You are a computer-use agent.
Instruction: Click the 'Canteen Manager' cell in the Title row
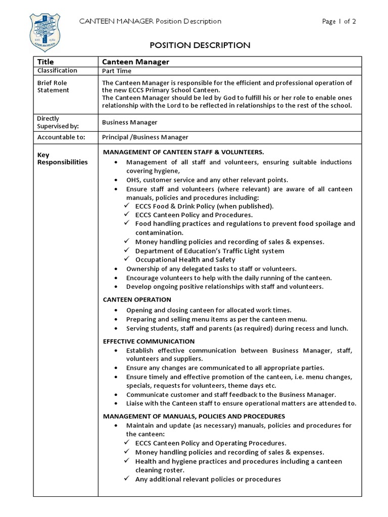tap(135, 62)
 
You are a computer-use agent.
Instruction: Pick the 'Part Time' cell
tap(117, 71)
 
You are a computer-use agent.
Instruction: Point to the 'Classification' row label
tap(57, 71)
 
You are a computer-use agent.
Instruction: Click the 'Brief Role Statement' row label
tap(53, 86)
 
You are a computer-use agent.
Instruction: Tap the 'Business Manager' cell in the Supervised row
tap(129, 122)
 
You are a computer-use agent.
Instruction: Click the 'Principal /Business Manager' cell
tap(145, 137)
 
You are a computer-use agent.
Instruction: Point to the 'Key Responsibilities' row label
tap(62, 159)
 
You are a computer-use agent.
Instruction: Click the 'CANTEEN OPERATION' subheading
tap(137, 299)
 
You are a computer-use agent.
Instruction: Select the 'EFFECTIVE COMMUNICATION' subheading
tap(149, 341)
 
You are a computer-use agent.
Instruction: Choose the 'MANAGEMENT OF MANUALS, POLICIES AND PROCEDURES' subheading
tap(194, 416)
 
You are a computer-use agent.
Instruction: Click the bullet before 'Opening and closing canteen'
tap(117, 310)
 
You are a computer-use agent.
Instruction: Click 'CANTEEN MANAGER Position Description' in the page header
tap(151, 21)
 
